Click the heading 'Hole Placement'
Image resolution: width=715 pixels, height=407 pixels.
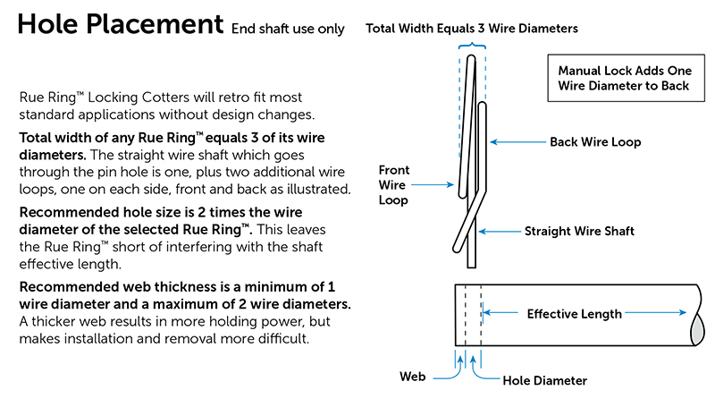point(120,23)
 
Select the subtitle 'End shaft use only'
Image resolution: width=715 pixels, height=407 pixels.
point(288,29)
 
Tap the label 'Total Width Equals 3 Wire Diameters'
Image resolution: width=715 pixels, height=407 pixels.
point(471,29)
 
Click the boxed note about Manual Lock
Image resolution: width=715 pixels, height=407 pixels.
point(622,78)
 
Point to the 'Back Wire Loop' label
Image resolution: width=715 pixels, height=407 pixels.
point(594,142)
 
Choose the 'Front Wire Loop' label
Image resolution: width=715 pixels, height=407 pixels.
point(394,184)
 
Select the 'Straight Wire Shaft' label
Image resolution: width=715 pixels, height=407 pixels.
point(580,232)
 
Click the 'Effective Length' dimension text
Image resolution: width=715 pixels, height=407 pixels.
point(574,314)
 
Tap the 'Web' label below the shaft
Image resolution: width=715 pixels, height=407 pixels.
point(412,377)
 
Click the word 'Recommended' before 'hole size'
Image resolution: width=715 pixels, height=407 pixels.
point(64,213)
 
